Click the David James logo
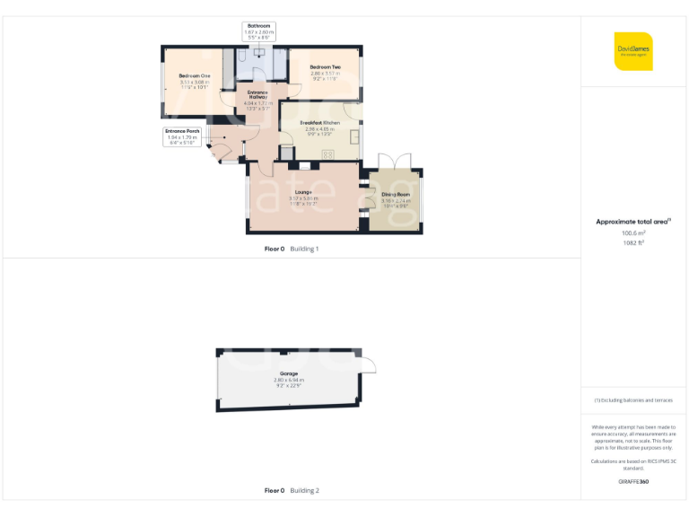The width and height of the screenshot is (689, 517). (633, 51)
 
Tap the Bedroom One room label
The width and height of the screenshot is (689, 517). (194, 75)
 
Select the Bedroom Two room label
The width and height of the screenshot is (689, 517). (325, 67)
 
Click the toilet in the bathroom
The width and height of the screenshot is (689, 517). (242, 57)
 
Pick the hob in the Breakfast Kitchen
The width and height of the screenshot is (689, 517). (327, 154)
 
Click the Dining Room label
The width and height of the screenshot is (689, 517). (395, 195)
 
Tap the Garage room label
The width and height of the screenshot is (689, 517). (288, 373)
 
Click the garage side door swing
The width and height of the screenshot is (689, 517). (367, 363)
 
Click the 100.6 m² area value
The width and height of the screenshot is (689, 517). (633, 232)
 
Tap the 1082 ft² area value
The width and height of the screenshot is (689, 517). (633, 242)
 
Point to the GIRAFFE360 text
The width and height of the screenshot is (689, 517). (633, 482)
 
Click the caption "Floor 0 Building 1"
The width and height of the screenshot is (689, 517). (292, 249)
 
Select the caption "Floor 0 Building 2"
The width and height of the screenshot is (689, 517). (292, 491)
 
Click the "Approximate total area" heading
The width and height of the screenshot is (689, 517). (633, 221)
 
